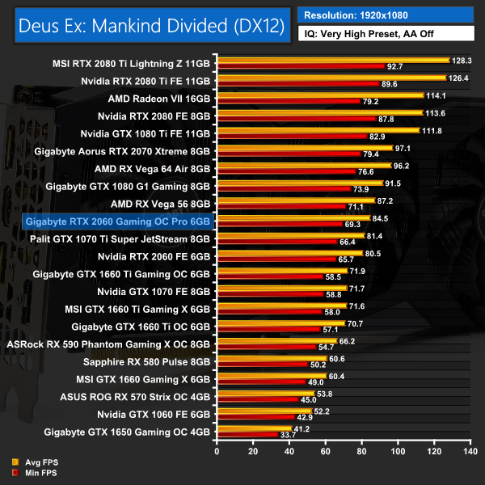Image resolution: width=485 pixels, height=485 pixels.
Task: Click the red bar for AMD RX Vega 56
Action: (280, 207)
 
